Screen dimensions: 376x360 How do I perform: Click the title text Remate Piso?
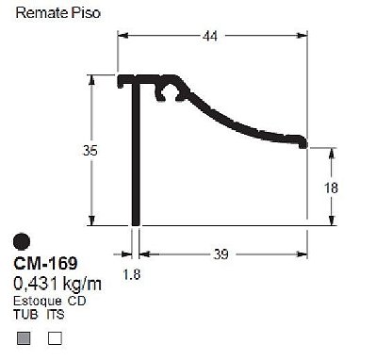[x=58, y=13]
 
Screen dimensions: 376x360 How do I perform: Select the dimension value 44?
[x=210, y=37]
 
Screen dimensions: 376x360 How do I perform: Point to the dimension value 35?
[x=90, y=151]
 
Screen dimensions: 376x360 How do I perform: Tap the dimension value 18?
[x=331, y=188]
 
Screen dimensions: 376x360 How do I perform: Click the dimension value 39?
[x=221, y=254]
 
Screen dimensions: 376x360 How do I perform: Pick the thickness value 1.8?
[x=132, y=274]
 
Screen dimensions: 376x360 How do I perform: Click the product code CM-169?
[x=45, y=263]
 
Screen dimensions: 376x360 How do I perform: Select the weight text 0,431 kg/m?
[x=57, y=284]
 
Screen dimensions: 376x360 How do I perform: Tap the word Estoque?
[x=38, y=301]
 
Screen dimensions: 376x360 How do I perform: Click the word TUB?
[x=25, y=314]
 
